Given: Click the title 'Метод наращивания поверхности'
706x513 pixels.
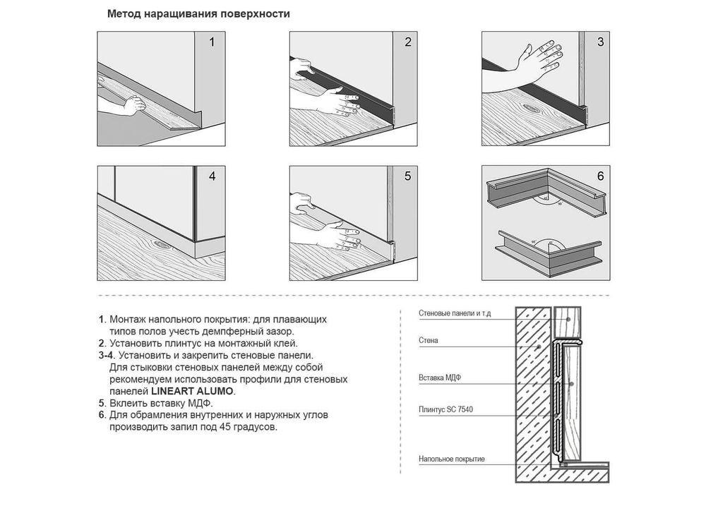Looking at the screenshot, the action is coord(198,14).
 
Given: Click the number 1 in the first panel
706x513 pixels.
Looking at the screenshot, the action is coord(212,42).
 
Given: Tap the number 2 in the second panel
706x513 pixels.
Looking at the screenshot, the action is coord(408,42).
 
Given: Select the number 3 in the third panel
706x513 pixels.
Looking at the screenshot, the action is coord(600,42).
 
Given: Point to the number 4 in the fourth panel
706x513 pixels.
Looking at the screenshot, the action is coord(212,176).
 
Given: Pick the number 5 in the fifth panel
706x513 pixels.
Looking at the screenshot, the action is coord(408,176).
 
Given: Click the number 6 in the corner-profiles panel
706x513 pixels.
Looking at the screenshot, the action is coord(600,176).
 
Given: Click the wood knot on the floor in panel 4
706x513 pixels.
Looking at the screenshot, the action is coord(160,244).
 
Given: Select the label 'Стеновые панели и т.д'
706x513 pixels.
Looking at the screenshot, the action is coord(455,313).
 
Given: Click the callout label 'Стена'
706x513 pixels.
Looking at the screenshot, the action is coord(429,341).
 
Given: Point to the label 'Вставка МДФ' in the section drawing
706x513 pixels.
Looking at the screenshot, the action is coord(440,378).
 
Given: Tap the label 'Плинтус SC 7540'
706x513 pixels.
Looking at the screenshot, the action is coord(445,410).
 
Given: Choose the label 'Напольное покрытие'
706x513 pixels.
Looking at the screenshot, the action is coord(452,459).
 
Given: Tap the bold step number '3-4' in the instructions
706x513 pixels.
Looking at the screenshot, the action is coord(105,356).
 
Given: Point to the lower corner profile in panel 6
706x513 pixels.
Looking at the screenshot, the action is coord(549,253).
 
